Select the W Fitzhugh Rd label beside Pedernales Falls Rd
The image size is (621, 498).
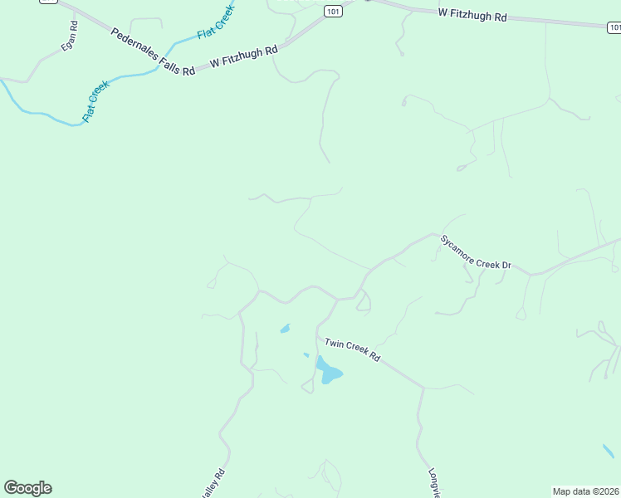[x=243, y=57]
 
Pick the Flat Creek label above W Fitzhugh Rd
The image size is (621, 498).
[x=215, y=22]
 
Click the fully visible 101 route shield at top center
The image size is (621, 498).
[x=333, y=11]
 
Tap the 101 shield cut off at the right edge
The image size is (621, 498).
[x=614, y=27]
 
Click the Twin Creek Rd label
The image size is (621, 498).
[x=352, y=349]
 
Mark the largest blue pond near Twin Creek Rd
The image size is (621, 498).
[x=327, y=372]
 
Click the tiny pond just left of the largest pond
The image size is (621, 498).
[x=306, y=355]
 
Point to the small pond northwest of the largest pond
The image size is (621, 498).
[x=285, y=329]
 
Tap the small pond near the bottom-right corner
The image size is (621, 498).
[x=609, y=452]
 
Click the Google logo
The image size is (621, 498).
[x=27, y=488]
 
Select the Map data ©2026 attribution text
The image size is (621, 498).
[x=585, y=491]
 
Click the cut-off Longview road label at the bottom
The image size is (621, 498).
[x=433, y=483]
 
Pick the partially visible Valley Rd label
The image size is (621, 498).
[x=213, y=484]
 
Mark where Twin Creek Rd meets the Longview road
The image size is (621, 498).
[x=423, y=388]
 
